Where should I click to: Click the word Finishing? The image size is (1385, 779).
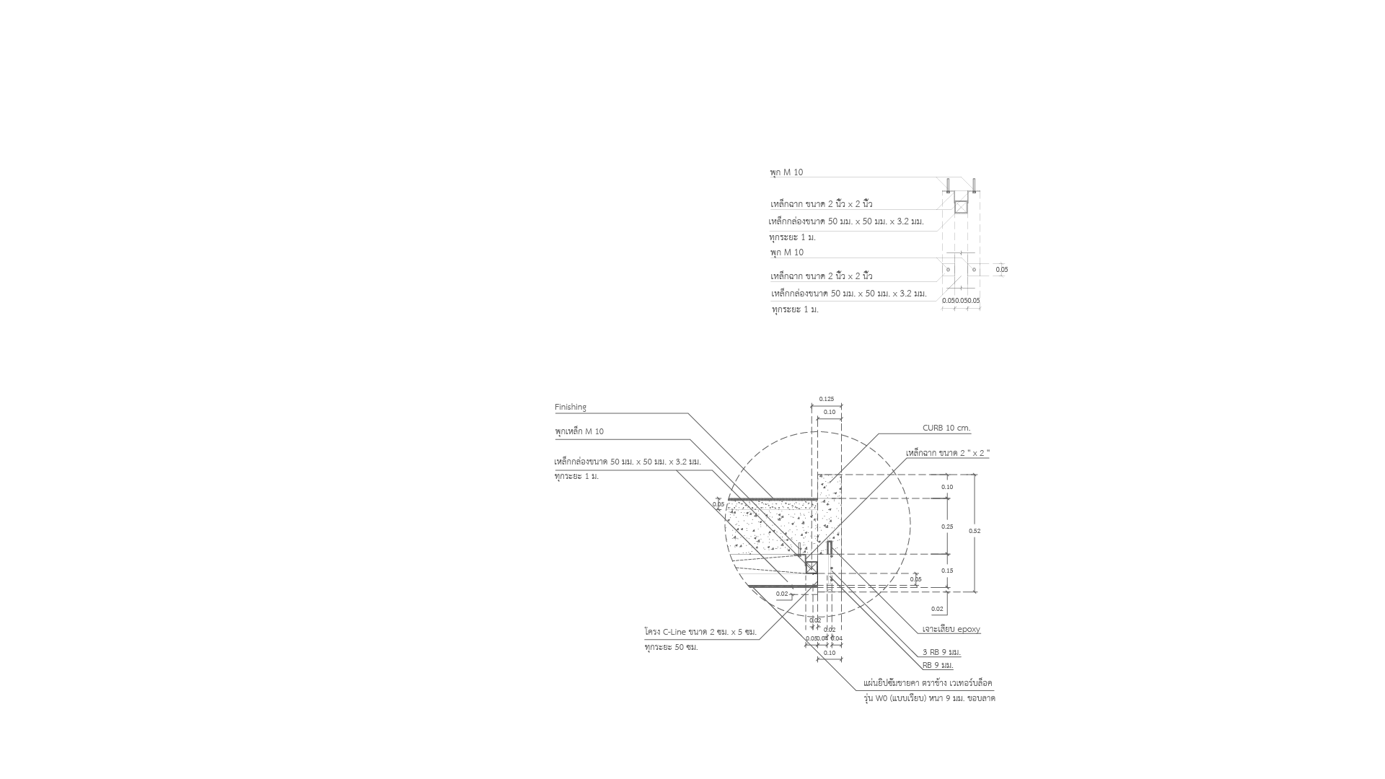(x=571, y=408)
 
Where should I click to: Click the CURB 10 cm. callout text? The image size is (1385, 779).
(x=946, y=428)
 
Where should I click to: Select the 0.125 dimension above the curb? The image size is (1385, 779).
(x=827, y=399)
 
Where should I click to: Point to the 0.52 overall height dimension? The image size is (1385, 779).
(x=975, y=531)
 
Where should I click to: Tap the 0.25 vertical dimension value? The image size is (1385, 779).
(x=947, y=527)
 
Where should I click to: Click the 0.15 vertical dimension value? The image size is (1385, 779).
(x=947, y=571)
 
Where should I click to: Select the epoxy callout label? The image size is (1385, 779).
(x=951, y=629)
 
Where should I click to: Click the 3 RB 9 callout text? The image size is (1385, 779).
(x=941, y=652)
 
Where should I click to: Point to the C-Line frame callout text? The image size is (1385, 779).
(x=700, y=632)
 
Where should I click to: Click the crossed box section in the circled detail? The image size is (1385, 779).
(x=812, y=567)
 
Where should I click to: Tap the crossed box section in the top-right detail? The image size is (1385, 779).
(x=961, y=208)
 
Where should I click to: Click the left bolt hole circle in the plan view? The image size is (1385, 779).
(x=948, y=270)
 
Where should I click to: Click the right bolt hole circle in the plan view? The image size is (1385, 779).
(x=974, y=270)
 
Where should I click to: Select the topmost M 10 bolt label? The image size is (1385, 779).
(x=786, y=172)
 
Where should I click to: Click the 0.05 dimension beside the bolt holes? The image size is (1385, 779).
(x=1002, y=270)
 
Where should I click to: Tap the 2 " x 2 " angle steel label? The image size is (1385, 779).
(x=947, y=453)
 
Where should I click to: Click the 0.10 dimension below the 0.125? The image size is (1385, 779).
(x=830, y=412)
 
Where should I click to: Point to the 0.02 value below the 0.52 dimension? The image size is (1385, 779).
(x=937, y=609)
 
